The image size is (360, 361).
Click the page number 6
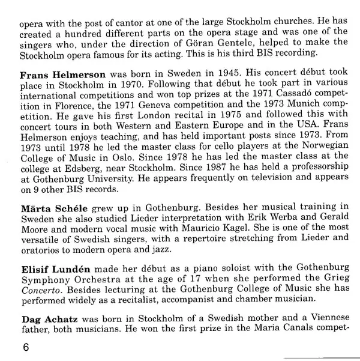[24, 348]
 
